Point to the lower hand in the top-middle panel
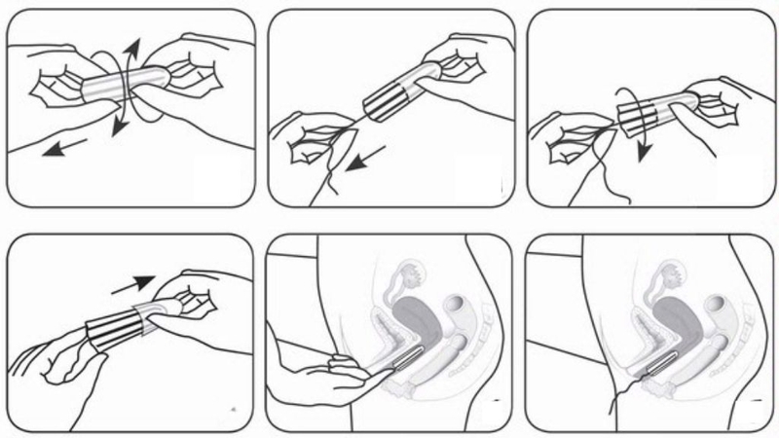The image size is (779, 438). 312,146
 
